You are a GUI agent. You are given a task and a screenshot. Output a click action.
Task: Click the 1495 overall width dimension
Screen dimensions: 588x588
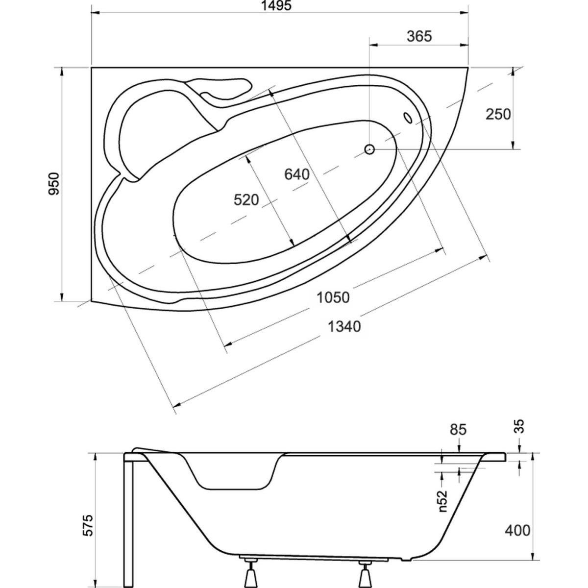click(280, 6)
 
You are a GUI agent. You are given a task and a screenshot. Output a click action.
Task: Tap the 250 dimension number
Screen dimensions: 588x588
click(498, 114)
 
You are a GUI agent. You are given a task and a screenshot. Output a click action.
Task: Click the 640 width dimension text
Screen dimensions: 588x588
click(297, 174)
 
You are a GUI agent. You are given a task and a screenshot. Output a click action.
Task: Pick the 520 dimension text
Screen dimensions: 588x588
click(245, 199)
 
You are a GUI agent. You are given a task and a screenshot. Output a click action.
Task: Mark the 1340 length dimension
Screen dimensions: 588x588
click(345, 326)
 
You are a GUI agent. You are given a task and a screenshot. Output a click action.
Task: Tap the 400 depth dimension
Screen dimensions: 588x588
click(517, 530)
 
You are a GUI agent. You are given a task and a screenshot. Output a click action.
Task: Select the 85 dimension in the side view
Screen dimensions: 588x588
click(458, 430)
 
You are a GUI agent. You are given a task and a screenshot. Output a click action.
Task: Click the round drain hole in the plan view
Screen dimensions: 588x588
click(369, 148)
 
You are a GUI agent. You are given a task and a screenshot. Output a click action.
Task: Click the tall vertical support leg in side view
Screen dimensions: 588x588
click(130, 519)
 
